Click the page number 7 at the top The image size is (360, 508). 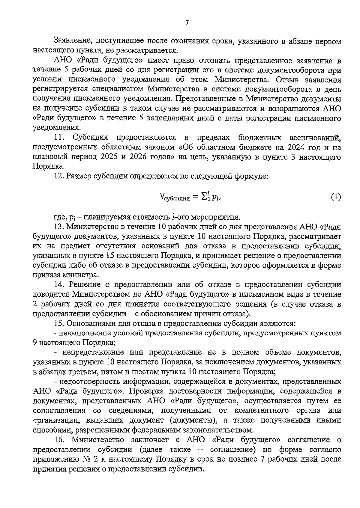click(x=187, y=23)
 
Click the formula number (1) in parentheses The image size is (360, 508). click(x=336, y=197)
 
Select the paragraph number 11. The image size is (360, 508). click(x=60, y=138)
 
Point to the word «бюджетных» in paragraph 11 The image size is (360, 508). click(x=260, y=138)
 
